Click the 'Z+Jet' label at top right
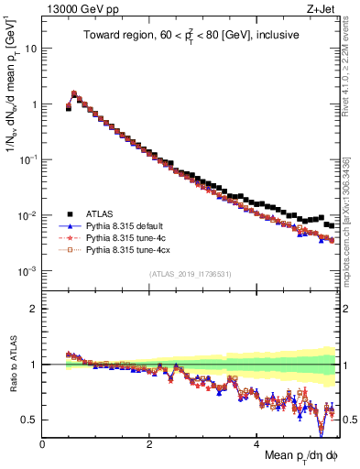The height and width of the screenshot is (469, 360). pyautogui.click(x=322, y=10)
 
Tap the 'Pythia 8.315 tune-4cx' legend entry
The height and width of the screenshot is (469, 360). pyautogui.click(x=130, y=249)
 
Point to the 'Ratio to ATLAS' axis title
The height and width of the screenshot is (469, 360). pyautogui.click(x=12, y=364)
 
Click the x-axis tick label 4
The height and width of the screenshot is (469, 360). pyautogui.click(x=257, y=442)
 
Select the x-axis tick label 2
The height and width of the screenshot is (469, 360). pyautogui.click(x=149, y=442)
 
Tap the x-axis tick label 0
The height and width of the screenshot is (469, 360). pyautogui.click(x=42, y=442)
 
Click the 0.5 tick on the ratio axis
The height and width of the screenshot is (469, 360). pyautogui.click(x=29, y=420)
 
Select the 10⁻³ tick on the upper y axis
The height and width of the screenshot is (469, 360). pyautogui.click(x=27, y=272)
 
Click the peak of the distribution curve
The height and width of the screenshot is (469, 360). pyautogui.click(x=74, y=93)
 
